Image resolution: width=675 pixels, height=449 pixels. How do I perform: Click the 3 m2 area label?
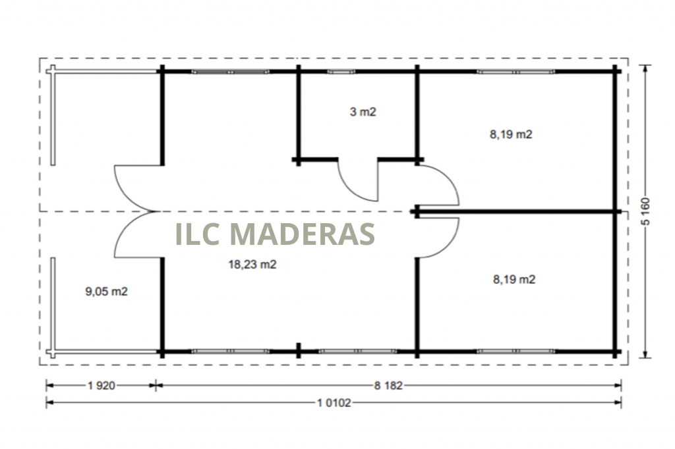[x=363, y=112]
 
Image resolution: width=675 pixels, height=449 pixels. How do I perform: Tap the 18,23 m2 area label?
[x=252, y=265]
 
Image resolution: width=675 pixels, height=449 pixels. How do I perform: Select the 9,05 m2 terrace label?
[x=106, y=292]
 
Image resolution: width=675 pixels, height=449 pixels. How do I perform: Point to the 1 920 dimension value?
[x=102, y=385]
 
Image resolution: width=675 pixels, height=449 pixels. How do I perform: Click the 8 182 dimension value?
[x=388, y=385]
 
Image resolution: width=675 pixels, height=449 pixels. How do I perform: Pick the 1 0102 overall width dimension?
[x=334, y=403]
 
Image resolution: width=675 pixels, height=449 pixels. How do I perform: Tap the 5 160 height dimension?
[x=645, y=211]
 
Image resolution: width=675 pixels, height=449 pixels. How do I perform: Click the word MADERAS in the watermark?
[x=303, y=234]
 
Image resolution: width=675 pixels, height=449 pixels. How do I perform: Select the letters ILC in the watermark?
[x=198, y=234]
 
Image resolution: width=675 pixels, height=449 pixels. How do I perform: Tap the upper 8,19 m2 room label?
[x=511, y=134]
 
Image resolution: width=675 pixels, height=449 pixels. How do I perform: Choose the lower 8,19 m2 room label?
[x=514, y=280]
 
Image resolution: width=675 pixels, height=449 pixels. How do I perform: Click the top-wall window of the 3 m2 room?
[x=341, y=72]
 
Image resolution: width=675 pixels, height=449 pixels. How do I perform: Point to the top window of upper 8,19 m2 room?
[x=515, y=72]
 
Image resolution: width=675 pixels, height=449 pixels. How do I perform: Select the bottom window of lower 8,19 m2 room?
[x=515, y=352]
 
